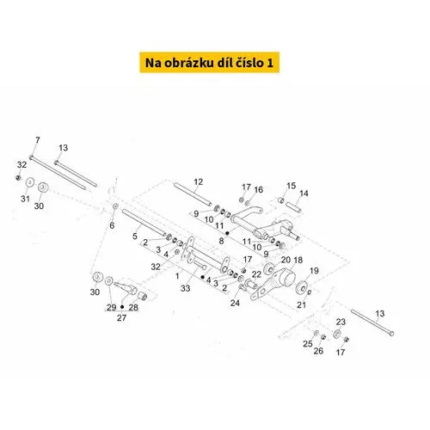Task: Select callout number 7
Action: tap(38, 140)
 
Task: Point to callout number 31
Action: tap(25, 199)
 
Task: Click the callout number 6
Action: tap(112, 225)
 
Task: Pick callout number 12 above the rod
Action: tap(199, 181)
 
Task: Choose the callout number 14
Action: tap(304, 193)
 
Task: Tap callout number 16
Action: tap(259, 189)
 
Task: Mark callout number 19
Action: tap(314, 271)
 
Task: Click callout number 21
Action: tap(301, 304)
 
